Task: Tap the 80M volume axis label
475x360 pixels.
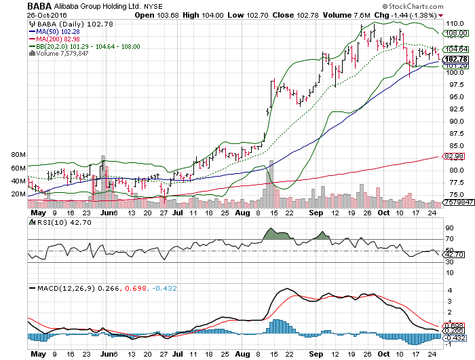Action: click(19, 155)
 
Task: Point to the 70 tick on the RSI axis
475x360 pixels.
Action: click(448, 239)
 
